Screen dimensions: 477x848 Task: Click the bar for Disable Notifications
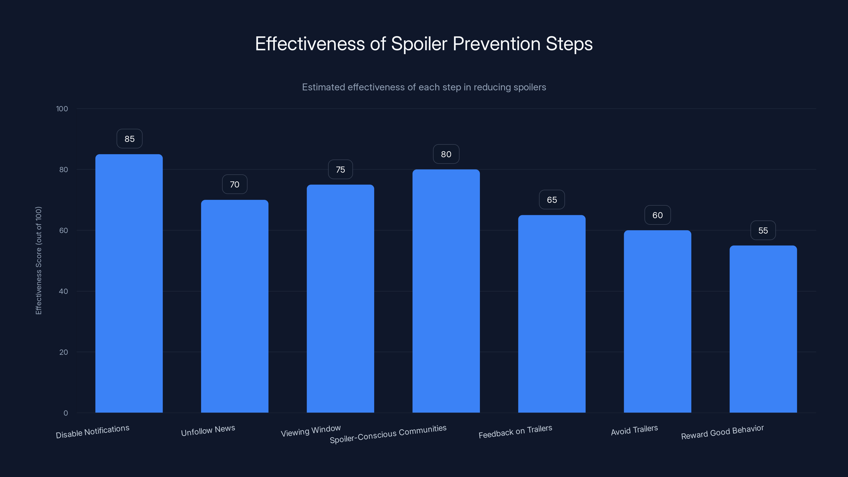tap(129, 283)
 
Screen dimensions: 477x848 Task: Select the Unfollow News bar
tap(235, 306)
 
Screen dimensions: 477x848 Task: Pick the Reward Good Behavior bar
tap(763, 329)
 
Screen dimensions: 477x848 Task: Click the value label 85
tap(129, 139)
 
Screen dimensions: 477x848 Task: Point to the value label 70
tap(234, 184)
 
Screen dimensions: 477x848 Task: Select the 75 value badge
tap(340, 170)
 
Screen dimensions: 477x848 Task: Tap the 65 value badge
tap(552, 200)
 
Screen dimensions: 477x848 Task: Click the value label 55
tap(763, 231)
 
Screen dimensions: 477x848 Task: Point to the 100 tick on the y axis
tap(62, 109)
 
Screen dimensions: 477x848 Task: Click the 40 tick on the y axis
tap(64, 291)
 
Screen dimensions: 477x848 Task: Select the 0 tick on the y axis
tap(65, 413)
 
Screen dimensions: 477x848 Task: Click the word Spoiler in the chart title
tap(419, 44)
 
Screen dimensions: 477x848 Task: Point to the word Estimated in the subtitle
tap(323, 87)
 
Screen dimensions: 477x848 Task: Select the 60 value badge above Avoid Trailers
tap(657, 215)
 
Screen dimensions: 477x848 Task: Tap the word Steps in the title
tap(569, 44)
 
